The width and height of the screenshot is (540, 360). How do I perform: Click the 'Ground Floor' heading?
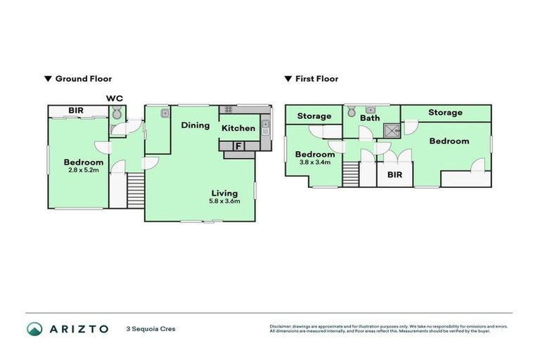point(83,79)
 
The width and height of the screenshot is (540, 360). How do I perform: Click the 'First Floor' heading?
point(316,79)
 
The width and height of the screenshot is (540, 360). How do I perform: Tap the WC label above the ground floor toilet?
point(115,98)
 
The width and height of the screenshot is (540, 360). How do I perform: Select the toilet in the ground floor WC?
point(117,113)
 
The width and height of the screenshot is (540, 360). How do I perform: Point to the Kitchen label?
point(238,128)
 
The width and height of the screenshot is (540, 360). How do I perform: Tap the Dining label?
point(195,125)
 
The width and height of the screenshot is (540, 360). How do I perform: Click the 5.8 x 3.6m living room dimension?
point(225,201)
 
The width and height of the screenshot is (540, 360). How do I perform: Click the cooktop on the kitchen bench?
point(227,110)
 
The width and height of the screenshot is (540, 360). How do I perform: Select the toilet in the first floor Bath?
point(352,112)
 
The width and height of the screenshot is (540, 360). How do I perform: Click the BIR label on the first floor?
point(394,174)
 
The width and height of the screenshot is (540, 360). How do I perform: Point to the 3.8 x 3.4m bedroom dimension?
point(314,163)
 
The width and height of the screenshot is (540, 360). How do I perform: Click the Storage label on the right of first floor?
point(445,112)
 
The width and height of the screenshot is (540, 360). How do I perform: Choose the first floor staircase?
point(351,173)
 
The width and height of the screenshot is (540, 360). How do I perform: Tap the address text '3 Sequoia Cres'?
point(150,328)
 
